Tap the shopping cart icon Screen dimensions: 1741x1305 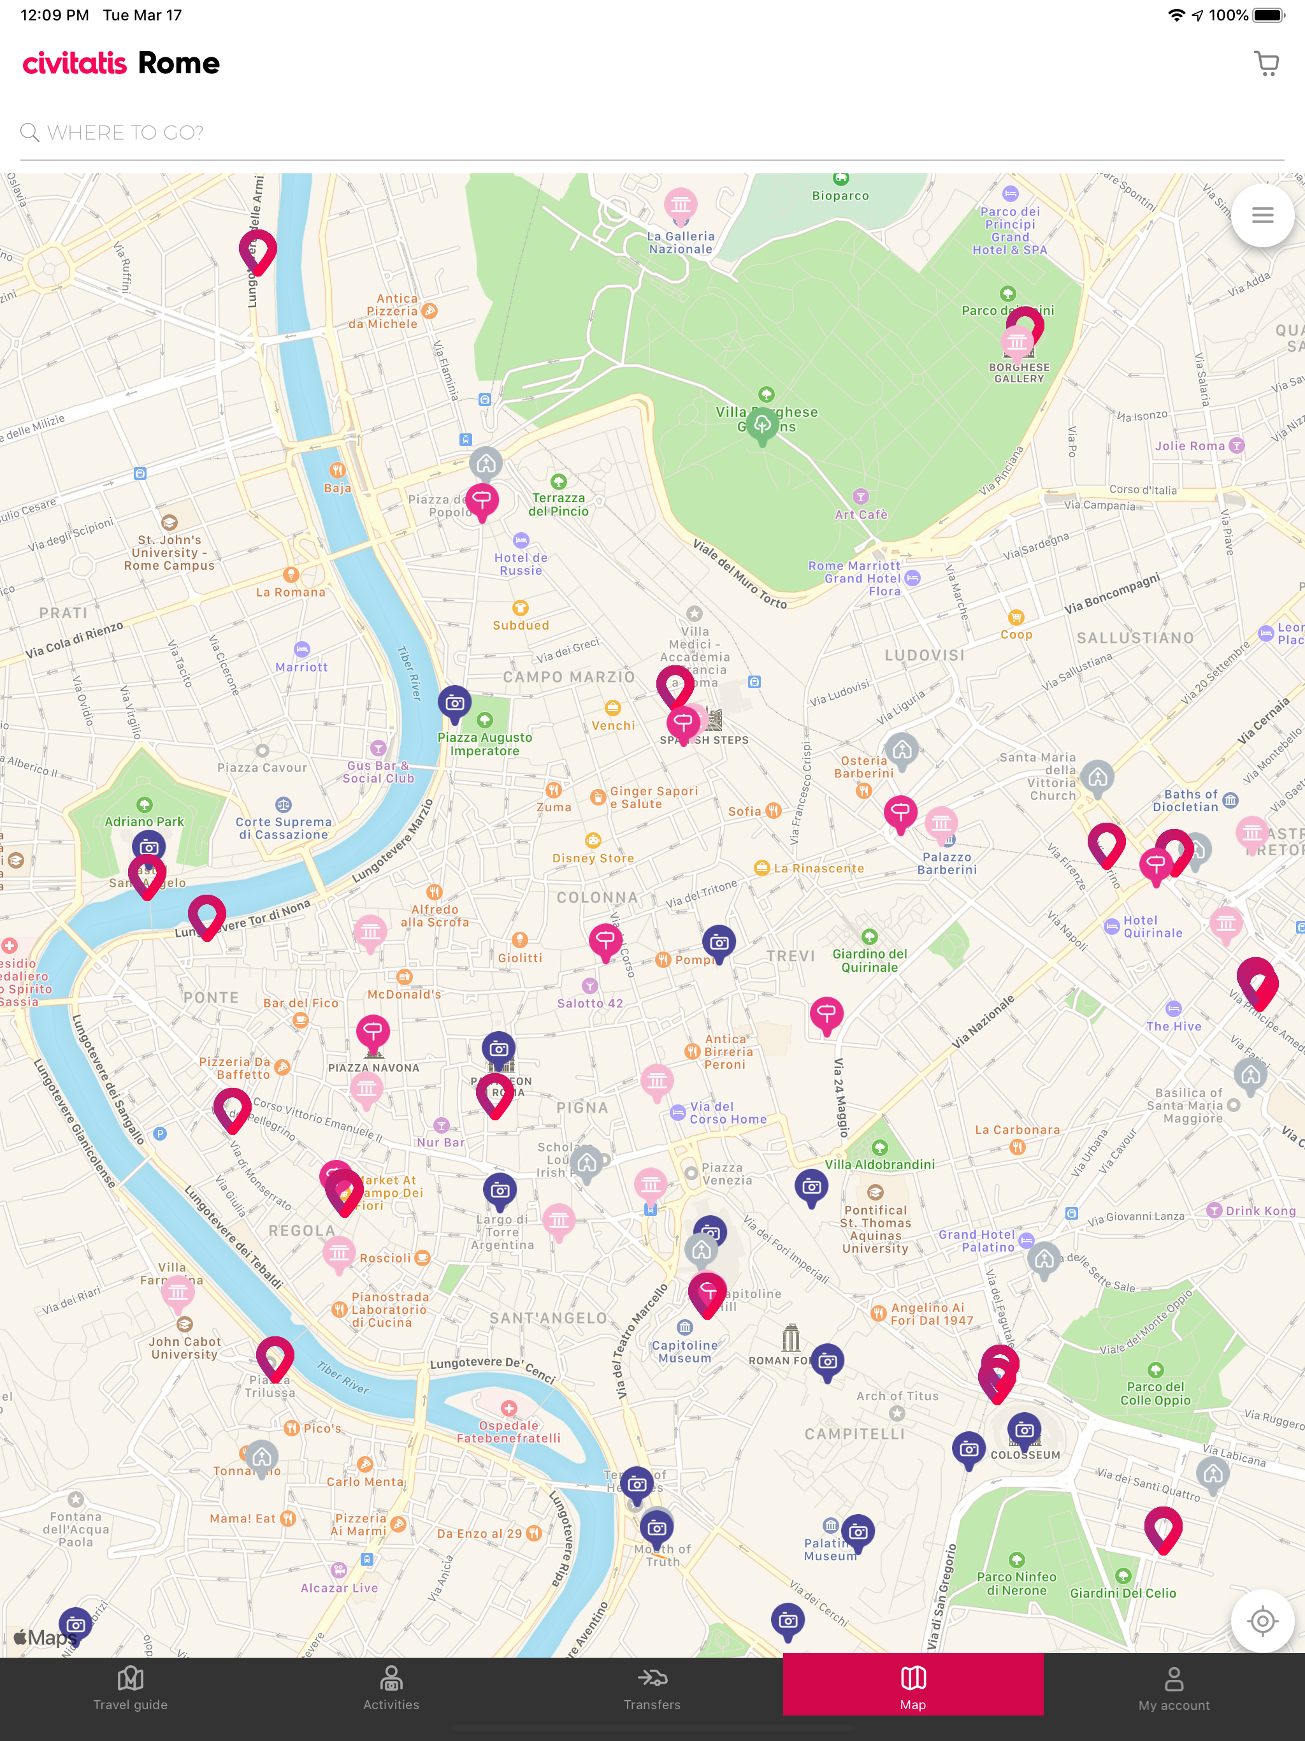coord(1265,63)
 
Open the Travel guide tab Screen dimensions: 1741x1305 coord(131,1687)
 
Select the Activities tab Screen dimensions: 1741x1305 coord(391,1687)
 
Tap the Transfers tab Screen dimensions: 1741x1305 coord(652,1687)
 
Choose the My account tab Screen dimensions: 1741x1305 coord(1174,1687)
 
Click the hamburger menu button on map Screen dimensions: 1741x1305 coord(1262,215)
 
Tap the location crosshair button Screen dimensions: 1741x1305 coord(1262,1621)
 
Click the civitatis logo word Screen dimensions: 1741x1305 coord(75,63)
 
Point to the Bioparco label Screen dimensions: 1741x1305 coord(840,195)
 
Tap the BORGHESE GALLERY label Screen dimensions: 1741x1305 coord(1018,373)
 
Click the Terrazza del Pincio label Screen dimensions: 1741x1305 coord(558,505)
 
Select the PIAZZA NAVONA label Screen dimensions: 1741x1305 coord(374,1067)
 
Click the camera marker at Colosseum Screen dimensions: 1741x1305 coord(1024,1429)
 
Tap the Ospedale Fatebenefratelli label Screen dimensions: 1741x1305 coord(508,1432)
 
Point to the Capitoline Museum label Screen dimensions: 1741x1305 coord(685,1352)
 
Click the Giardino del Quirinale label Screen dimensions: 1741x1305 coord(870,960)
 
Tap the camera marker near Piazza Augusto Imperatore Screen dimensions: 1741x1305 coord(455,702)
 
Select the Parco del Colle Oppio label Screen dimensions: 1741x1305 coord(1155,1393)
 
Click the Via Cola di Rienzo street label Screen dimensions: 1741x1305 coord(75,640)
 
